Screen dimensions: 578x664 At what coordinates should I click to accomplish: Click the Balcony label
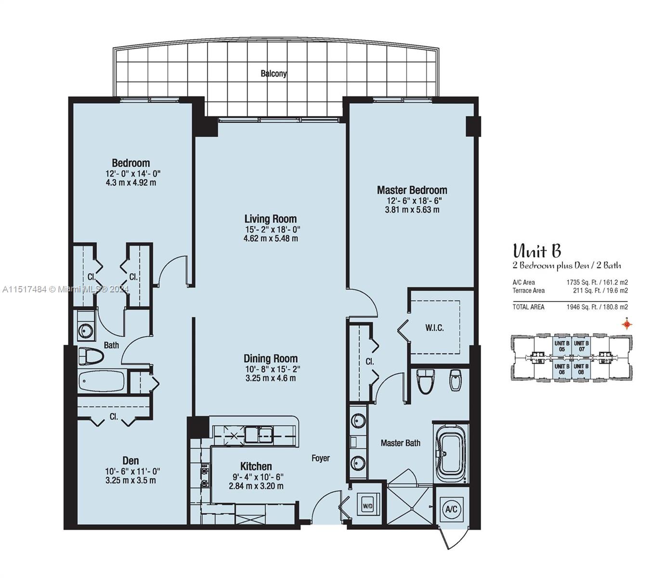coord(273,74)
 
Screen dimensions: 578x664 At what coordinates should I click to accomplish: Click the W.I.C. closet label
coord(434,328)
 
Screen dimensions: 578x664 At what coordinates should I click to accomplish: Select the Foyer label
coord(320,458)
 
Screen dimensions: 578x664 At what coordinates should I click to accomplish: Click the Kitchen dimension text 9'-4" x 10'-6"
coord(256,477)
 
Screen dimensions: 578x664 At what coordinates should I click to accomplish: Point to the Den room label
coord(130,461)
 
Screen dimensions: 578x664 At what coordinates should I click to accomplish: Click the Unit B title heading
coord(536,251)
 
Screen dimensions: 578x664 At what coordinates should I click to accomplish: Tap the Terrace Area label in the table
coord(529,290)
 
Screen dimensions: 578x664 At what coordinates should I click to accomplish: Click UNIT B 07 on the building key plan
coord(581,346)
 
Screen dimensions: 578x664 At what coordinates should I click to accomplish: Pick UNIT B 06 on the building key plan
coord(561,369)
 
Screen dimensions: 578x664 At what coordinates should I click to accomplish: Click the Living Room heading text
coord(270,219)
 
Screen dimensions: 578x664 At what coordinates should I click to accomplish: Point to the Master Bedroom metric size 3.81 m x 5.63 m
coord(412,210)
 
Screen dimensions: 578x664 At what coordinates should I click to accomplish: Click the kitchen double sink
coord(258,435)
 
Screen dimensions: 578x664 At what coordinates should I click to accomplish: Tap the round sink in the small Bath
coord(86,331)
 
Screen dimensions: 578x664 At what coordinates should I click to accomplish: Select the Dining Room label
coord(270,358)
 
